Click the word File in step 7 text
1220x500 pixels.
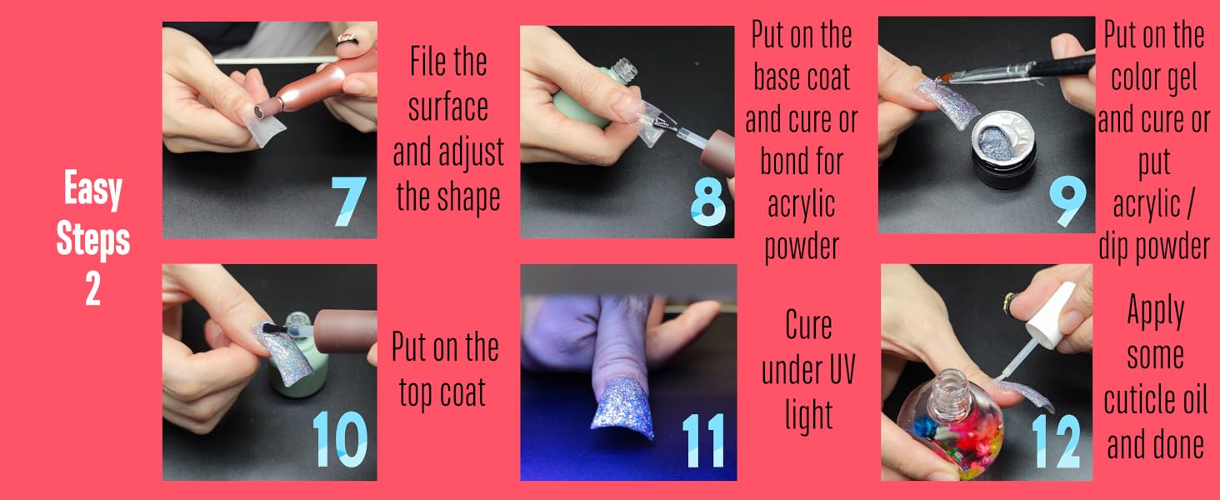coord(448,62)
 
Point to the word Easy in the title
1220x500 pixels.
coord(93,192)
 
